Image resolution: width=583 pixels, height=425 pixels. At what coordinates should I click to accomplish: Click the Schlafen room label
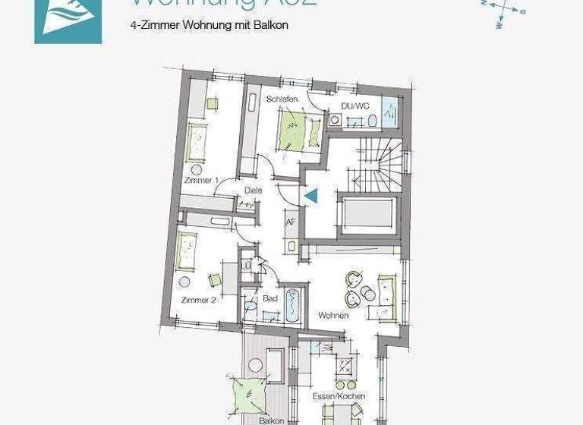click(x=281, y=99)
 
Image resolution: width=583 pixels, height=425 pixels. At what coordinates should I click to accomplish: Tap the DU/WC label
click(x=355, y=105)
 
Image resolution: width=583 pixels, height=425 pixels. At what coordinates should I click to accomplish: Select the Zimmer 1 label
click(x=201, y=180)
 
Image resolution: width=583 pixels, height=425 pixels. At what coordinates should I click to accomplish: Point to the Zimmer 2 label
click(x=199, y=300)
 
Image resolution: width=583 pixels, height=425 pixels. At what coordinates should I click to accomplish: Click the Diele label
click(x=253, y=190)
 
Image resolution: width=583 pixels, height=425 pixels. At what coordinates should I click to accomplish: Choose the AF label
click(x=290, y=222)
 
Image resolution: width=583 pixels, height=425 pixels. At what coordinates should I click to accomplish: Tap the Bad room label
click(x=270, y=299)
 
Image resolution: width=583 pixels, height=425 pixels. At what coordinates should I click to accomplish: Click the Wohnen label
click(x=333, y=315)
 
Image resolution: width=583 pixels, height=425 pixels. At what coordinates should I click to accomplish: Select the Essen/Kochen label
click(x=339, y=396)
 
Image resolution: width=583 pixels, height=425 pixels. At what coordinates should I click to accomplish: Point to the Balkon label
click(x=271, y=420)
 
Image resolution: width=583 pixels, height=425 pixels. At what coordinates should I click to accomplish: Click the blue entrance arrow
click(x=310, y=196)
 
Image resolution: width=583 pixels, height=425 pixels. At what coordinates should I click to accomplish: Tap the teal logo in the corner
click(x=68, y=21)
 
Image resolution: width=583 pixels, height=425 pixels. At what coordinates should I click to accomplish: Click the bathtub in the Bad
click(x=292, y=307)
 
